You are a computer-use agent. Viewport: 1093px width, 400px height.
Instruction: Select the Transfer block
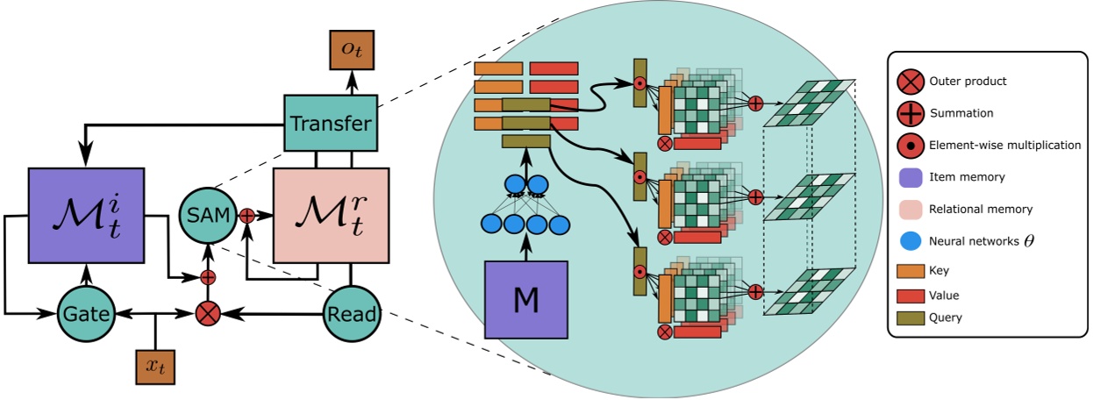coord(331,123)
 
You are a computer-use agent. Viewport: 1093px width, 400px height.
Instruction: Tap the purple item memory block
coord(85,215)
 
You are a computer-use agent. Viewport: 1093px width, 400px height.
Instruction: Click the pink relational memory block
coord(331,215)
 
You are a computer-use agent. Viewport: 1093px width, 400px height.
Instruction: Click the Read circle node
coord(353,313)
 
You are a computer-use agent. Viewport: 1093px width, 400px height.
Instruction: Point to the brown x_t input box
coord(155,366)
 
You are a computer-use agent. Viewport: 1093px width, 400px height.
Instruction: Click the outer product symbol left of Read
coord(208,313)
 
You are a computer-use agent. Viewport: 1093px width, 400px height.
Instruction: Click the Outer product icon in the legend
coord(910,82)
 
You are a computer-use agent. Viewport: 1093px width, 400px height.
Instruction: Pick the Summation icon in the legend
coord(910,113)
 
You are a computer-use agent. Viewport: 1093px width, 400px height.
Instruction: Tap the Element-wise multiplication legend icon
coord(910,145)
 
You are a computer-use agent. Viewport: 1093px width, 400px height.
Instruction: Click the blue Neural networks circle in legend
coord(910,239)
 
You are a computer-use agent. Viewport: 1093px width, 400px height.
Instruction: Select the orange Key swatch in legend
coord(910,271)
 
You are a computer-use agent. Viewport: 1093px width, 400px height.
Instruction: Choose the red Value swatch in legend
coord(910,295)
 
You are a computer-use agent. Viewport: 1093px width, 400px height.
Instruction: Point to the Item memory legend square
coord(910,176)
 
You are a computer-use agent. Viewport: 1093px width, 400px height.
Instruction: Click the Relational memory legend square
coord(910,208)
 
